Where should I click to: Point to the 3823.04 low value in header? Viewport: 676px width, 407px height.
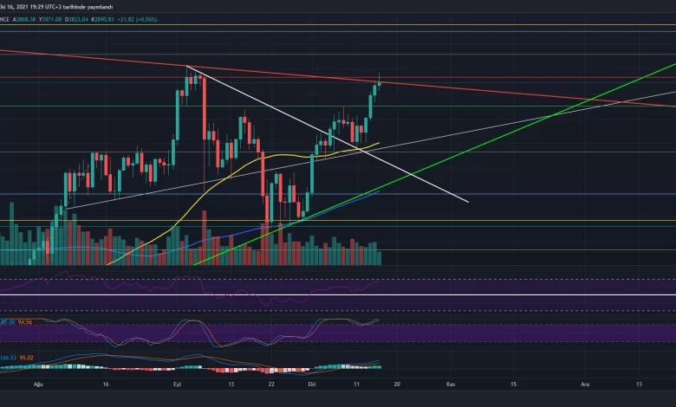[75, 20]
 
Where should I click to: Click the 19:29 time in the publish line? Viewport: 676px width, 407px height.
[39, 5]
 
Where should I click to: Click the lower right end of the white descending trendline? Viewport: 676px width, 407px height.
[468, 202]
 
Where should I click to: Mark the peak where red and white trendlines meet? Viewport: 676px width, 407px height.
[187, 66]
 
